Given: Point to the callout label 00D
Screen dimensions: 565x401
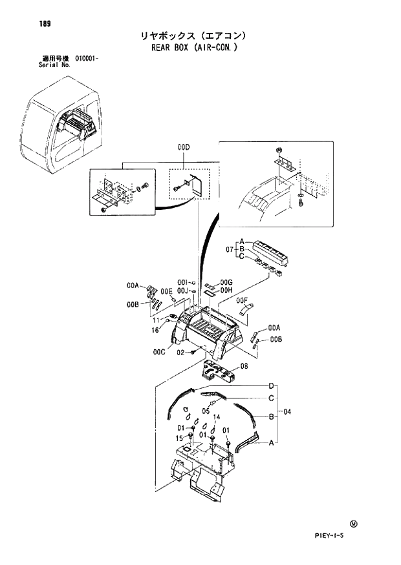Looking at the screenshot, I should click(x=184, y=148).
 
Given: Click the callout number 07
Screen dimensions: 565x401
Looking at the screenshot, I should click(x=229, y=249).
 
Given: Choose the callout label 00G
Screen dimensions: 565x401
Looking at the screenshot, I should click(x=226, y=282).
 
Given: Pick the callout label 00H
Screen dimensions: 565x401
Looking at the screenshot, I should click(x=226, y=291).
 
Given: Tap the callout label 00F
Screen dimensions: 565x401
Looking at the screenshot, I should click(x=243, y=300).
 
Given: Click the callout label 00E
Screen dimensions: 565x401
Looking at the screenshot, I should click(x=167, y=291).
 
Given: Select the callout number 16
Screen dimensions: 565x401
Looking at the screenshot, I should click(x=156, y=330).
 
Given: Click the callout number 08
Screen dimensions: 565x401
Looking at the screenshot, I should click(x=244, y=366).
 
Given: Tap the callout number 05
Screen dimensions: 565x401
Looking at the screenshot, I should click(x=206, y=410).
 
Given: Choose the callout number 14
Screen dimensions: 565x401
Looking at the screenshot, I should click(x=217, y=417).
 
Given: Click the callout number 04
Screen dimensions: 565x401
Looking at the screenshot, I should click(x=288, y=411).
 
